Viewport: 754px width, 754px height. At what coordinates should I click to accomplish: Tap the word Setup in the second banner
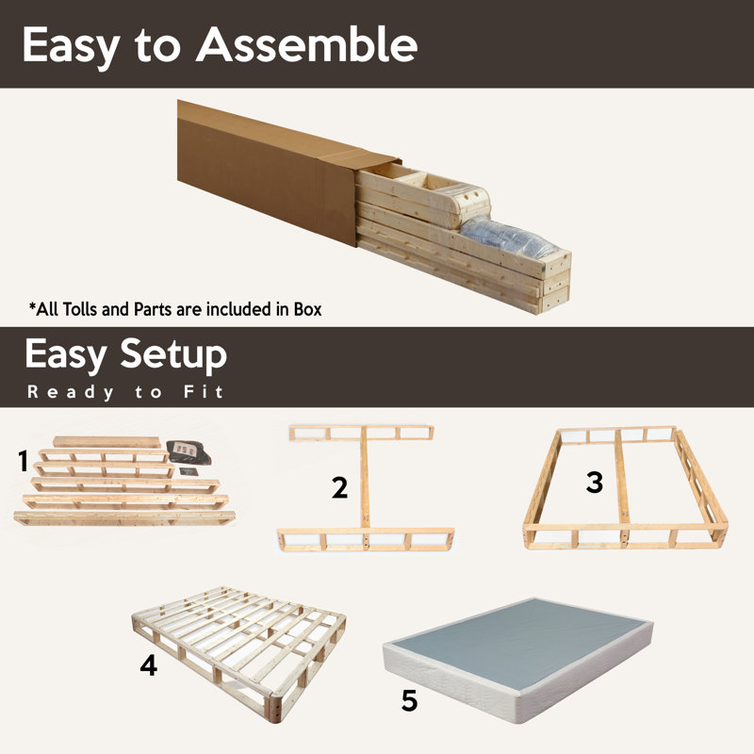tap(173, 355)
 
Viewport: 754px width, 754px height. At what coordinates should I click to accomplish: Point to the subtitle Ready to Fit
tap(124, 391)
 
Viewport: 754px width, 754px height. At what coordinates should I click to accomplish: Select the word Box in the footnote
tap(305, 309)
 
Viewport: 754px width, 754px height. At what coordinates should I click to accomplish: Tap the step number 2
tap(340, 487)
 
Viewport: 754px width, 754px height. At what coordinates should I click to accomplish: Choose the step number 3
tap(594, 482)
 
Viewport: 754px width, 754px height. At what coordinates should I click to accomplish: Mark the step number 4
tap(148, 665)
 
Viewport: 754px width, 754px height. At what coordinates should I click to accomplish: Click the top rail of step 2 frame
tap(361, 434)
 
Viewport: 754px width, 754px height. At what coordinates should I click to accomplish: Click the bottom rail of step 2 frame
tap(366, 540)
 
